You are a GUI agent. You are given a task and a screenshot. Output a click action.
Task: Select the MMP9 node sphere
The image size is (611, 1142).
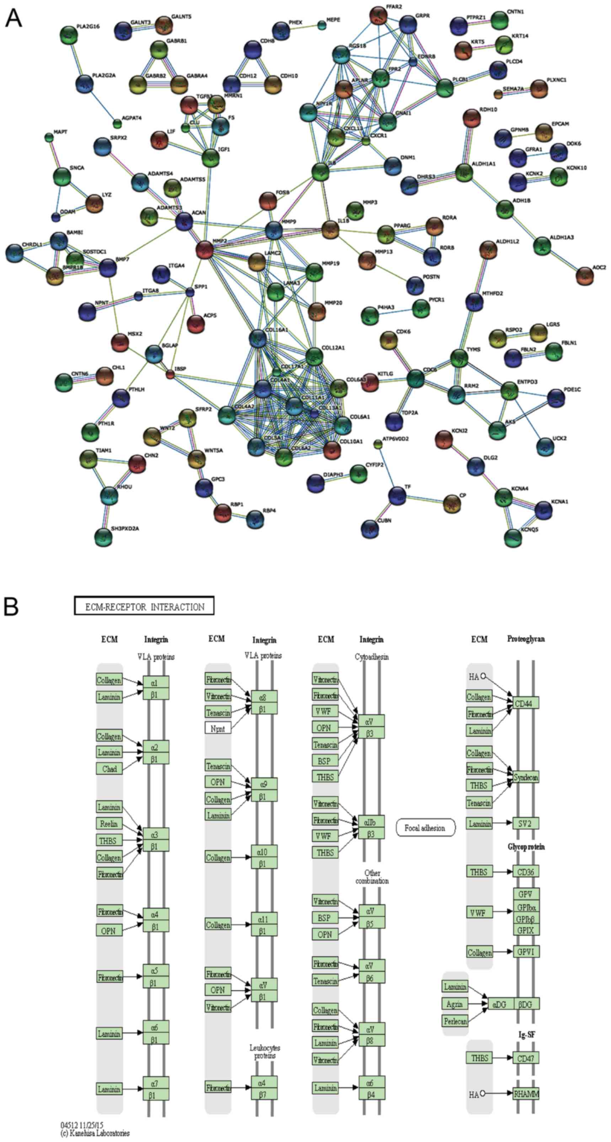(x=274, y=230)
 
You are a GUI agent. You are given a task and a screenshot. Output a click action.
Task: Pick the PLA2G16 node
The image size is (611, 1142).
(x=68, y=34)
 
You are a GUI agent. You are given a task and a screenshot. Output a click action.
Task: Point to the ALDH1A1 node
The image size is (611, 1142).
(x=464, y=172)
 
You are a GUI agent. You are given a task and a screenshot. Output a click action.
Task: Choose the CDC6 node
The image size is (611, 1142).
(x=416, y=378)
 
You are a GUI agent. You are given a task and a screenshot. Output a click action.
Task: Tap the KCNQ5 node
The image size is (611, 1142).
(x=513, y=537)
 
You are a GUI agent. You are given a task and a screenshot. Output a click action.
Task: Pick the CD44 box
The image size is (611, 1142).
(x=525, y=703)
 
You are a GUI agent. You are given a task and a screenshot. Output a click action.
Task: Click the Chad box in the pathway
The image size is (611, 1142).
(x=109, y=769)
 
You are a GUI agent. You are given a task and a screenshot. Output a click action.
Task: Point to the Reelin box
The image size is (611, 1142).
(x=109, y=824)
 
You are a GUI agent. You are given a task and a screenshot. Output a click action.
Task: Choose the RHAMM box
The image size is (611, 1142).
(x=526, y=1094)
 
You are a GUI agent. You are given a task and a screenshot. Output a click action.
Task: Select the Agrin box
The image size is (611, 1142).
(x=455, y=1004)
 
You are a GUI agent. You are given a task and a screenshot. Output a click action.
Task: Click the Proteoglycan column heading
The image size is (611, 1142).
(x=526, y=639)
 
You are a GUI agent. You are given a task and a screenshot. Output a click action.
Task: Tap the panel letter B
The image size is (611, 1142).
(x=11, y=606)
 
